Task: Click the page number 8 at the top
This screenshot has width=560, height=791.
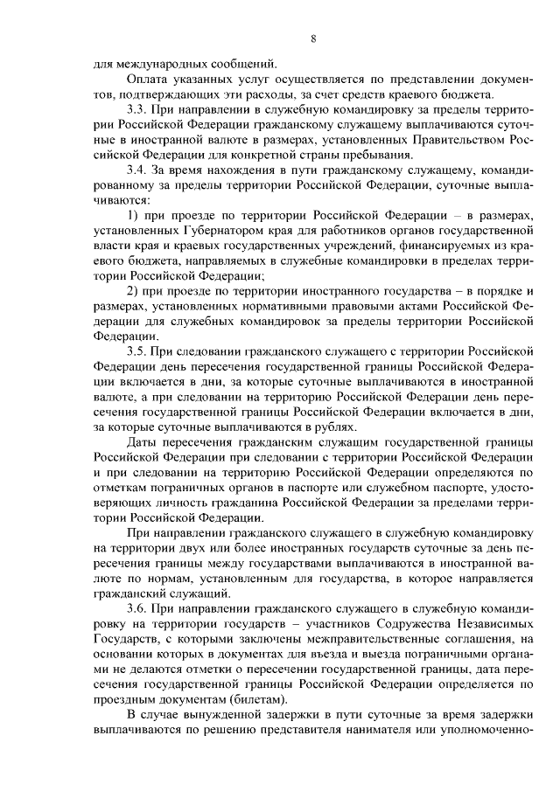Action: [312, 38]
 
